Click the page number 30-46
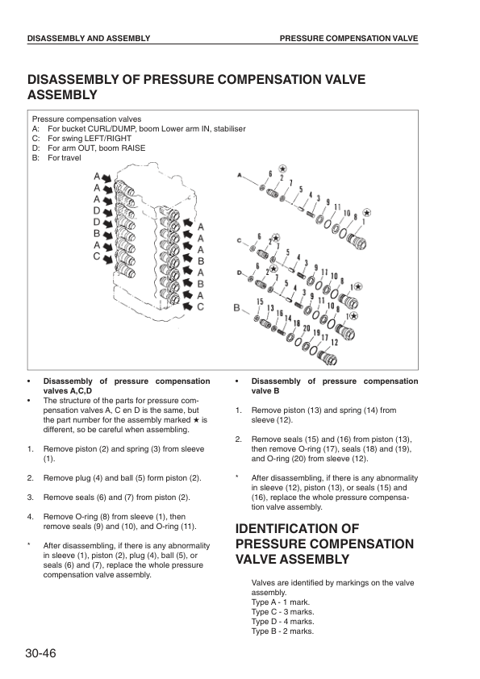(40, 653)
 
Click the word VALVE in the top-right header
(407, 38)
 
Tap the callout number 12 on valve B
(335, 343)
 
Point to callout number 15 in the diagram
(260, 302)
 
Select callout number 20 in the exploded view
(307, 328)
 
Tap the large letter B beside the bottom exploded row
(237, 308)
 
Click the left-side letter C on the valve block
(97, 256)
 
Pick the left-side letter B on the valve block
(97, 233)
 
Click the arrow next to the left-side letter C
(108, 260)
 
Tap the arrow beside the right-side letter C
(188, 306)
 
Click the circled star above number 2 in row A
(283, 169)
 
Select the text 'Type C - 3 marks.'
(283, 612)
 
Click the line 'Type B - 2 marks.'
(282, 631)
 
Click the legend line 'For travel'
(65, 157)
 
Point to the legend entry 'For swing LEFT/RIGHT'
(90, 139)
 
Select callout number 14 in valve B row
(288, 319)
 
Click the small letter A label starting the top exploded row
(240, 175)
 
